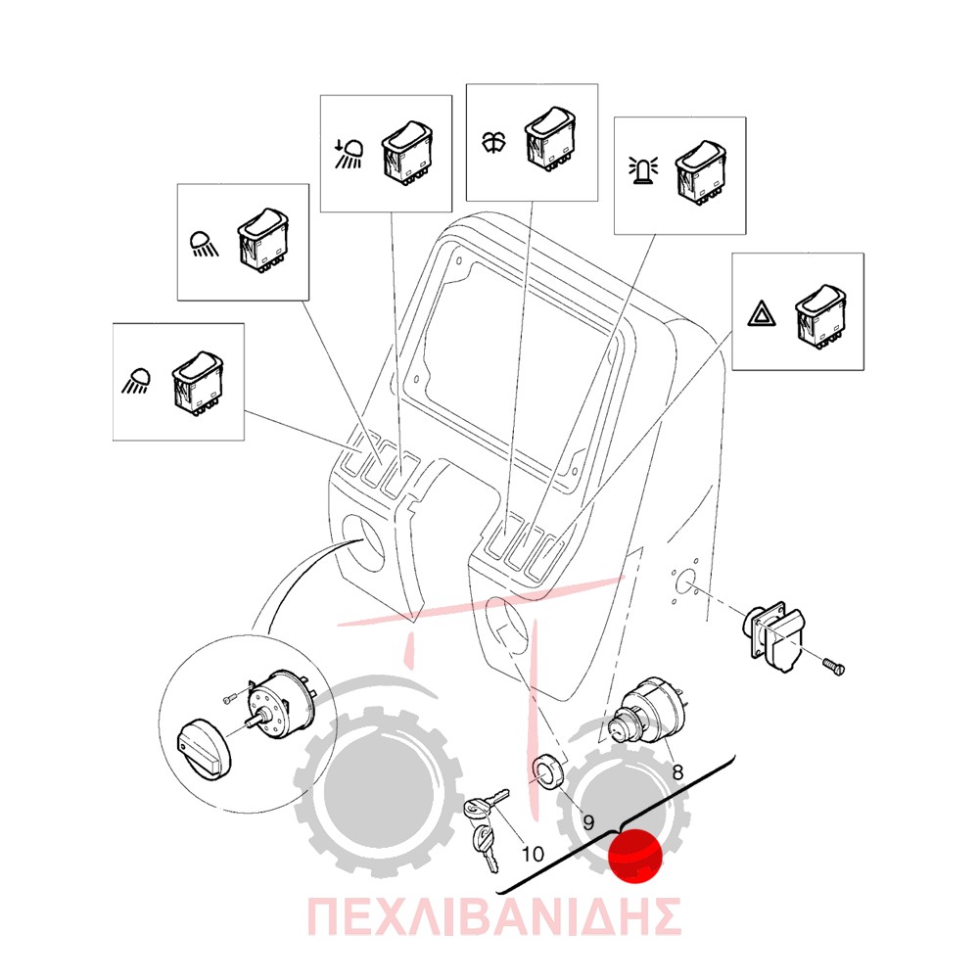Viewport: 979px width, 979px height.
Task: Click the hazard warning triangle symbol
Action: (762, 314)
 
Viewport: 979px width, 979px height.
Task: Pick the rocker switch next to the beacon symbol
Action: (701, 171)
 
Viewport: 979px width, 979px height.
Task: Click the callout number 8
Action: (677, 772)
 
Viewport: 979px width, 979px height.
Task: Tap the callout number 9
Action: (587, 822)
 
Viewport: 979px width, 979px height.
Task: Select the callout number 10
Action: (533, 854)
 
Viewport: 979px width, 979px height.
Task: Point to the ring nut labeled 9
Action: (547, 771)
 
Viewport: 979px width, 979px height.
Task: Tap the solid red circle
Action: (635, 856)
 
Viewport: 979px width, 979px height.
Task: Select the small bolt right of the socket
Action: (833, 666)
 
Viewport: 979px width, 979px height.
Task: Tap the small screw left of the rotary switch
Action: (230, 699)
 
